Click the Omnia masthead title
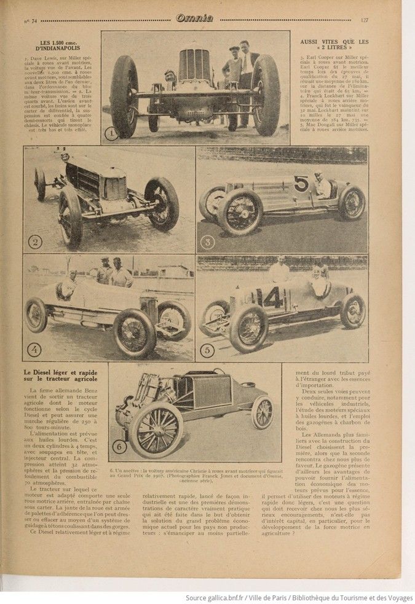tap(194, 18)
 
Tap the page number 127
tap(364, 20)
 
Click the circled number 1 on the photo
tap(111, 132)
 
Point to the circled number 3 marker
tap(207, 241)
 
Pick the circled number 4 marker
tap(34, 350)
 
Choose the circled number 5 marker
tap(207, 350)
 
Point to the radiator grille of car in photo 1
tap(195, 66)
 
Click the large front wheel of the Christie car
tap(156, 429)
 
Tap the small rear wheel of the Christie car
tap(263, 412)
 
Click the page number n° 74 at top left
tap(30, 20)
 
